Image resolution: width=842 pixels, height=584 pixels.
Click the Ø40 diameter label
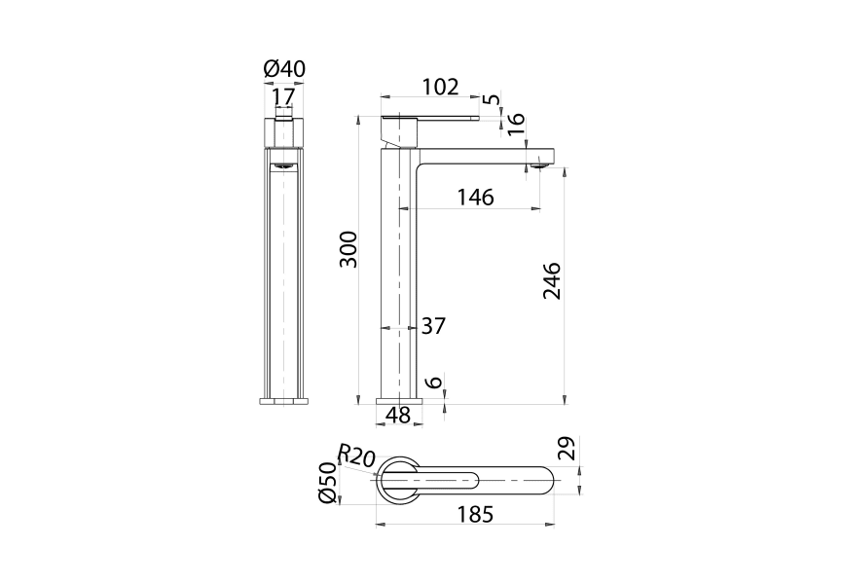coord(284,69)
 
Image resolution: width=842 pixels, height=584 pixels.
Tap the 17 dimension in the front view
coord(283,97)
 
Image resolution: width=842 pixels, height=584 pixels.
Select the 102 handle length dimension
coord(441,87)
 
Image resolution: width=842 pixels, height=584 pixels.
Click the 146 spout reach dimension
coord(476,198)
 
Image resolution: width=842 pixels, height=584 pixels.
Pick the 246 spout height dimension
coord(552,280)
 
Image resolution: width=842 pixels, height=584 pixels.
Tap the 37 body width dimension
coord(433,326)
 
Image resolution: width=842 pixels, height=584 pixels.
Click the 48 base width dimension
coord(398,415)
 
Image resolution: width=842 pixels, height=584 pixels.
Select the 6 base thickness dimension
coord(435,382)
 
